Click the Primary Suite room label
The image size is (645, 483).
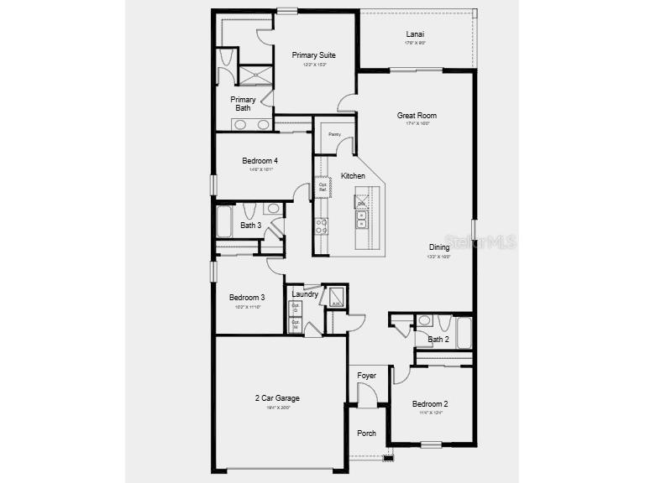(313, 55)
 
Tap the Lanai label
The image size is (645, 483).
(415, 34)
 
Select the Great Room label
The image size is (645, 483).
(417, 116)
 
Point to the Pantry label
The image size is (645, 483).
(334, 134)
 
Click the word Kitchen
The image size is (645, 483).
(353, 176)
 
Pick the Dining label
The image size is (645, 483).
(439, 247)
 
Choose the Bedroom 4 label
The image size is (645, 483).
(260, 161)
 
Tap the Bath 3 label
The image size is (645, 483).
(251, 225)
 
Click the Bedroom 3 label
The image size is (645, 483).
(247, 297)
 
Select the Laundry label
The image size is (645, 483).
(305, 294)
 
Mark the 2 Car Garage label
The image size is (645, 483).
(277, 398)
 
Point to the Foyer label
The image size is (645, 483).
(367, 376)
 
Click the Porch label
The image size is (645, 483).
(367, 434)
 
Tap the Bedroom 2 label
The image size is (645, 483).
(430, 403)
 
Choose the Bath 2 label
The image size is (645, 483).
(438, 340)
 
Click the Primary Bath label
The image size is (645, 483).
(244, 103)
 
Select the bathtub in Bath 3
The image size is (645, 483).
(225, 222)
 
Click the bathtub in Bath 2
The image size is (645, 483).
(464, 332)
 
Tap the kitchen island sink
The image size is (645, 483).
(361, 220)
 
